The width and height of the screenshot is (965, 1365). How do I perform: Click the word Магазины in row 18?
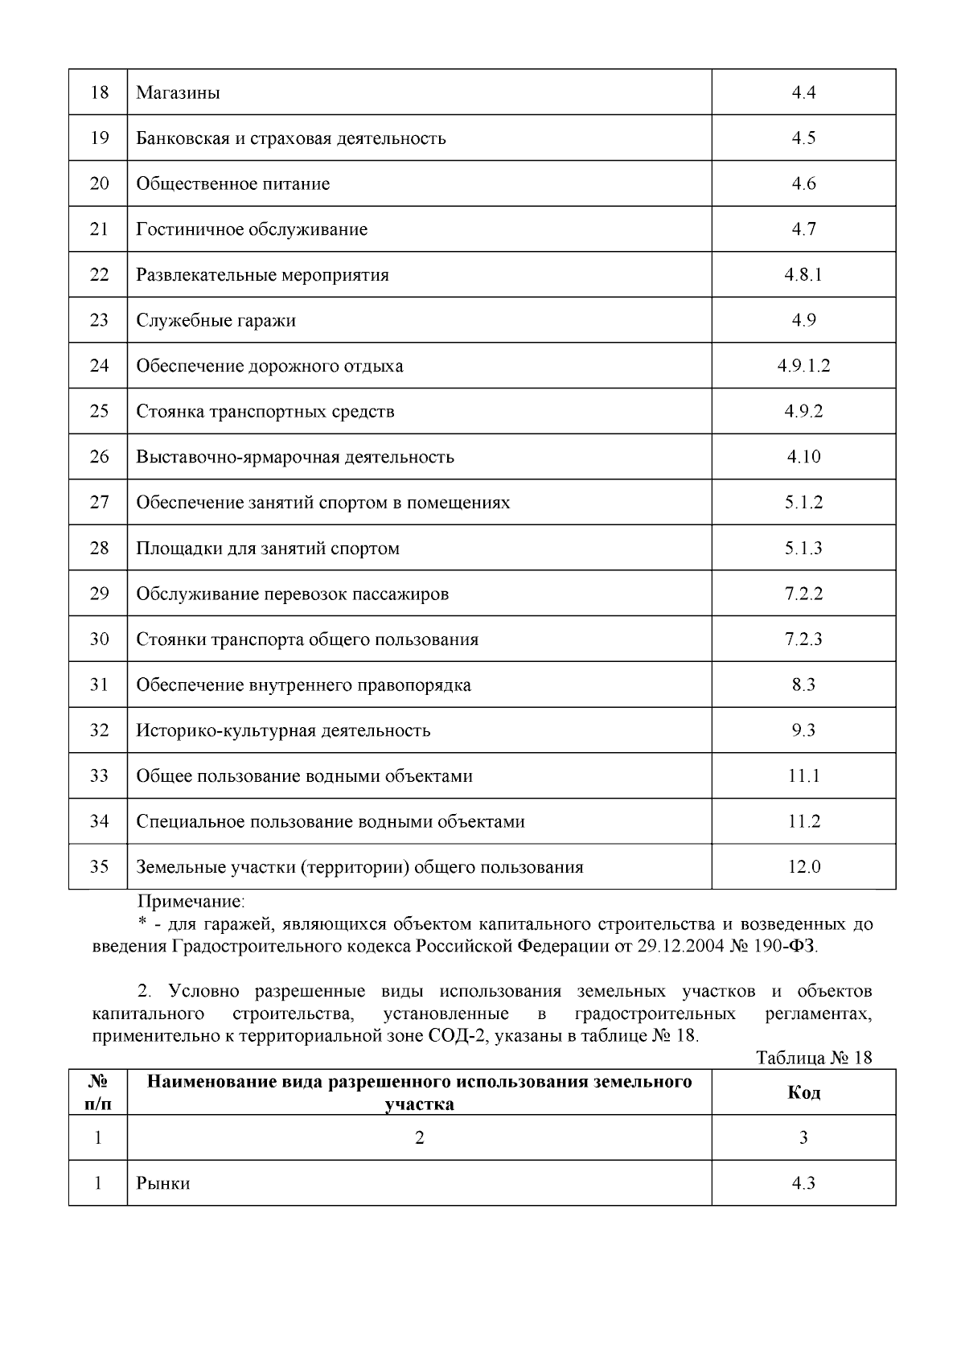pyautogui.click(x=178, y=93)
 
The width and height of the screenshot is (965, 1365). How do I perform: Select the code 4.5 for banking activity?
pyautogui.click(x=803, y=138)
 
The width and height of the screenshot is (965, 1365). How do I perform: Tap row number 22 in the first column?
pyautogui.click(x=99, y=274)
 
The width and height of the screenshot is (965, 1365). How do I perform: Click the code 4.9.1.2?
pyautogui.click(x=803, y=365)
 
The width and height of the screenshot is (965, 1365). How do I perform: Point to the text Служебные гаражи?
pyautogui.click(x=216, y=320)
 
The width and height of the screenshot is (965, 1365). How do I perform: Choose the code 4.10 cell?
pyautogui.click(x=803, y=457)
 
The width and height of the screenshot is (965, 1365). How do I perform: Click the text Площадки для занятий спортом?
pyautogui.click(x=268, y=549)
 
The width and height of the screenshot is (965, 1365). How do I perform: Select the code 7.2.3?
pyautogui.click(x=803, y=639)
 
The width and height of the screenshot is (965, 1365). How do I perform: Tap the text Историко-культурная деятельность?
pyautogui.click(x=283, y=730)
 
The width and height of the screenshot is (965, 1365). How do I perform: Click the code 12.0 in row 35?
pyautogui.click(x=803, y=867)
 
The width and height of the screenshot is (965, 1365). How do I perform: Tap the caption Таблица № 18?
pyautogui.click(x=814, y=1057)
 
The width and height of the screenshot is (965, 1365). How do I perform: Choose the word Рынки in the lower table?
pyautogui.click(x=163, y=1183)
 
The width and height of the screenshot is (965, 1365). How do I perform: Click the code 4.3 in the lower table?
pyautogui.click(x=803, y=1183)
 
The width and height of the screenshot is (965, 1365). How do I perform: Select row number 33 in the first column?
pyautogui.click(x=99, y=776)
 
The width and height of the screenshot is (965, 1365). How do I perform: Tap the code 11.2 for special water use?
pyautogui.click(x=803, y=821)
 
